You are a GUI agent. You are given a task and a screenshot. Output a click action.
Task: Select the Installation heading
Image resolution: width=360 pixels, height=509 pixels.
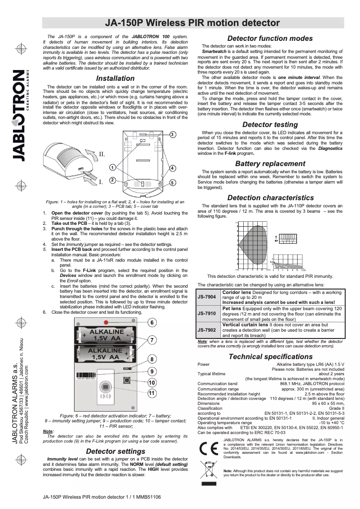pyautogui.click(x=115, y=79)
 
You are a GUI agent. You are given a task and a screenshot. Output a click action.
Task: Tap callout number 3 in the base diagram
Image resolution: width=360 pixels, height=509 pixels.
pyautogui.click(x=173, y=135)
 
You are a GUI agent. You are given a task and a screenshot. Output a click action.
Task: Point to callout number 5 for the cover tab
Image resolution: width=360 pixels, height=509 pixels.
pyautogui.click(x=172, y=183)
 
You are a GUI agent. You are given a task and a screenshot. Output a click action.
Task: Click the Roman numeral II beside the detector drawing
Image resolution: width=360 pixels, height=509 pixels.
pyautogui.click(x=102, y=154)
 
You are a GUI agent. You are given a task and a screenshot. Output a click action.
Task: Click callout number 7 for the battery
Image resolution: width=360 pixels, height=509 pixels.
pyautogui.click(x=152, y=340)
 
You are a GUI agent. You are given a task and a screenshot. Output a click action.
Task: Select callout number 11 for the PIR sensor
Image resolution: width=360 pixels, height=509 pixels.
pyautogui.click(x=152, y=393)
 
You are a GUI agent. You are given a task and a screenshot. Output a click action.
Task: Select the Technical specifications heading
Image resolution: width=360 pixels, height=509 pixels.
pyautogui.click(x=270, y=357)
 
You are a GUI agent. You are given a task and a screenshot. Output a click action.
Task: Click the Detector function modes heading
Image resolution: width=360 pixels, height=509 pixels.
pyautogui.click(x=270, y=39)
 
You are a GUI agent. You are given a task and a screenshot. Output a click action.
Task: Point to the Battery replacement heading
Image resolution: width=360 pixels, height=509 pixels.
pyautogui.click(x=270, y=164)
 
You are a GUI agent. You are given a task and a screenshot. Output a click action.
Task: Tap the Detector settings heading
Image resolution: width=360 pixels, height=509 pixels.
pyautogui.click(x=115, y=451)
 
